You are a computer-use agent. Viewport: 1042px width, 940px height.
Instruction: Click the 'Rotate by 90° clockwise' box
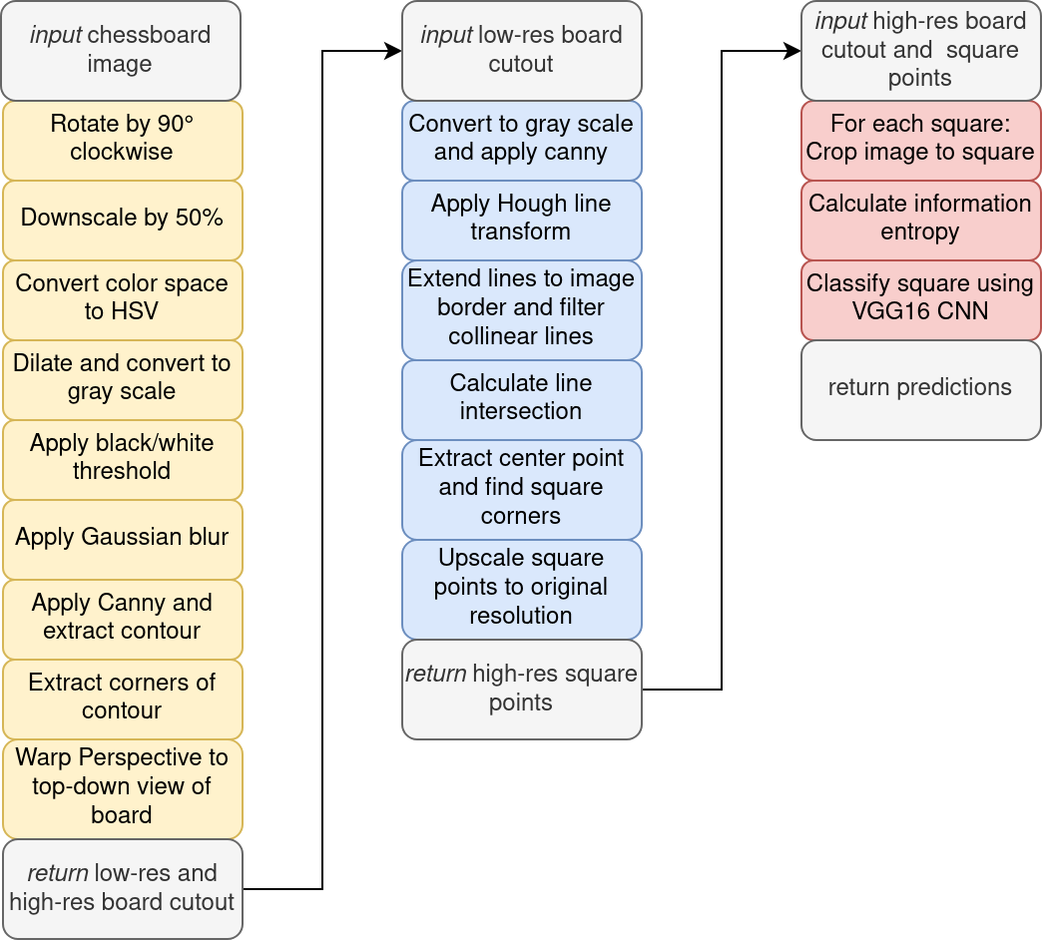[x=122, y=140]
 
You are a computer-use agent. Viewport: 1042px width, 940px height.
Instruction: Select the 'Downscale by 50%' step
[x=122, y=220]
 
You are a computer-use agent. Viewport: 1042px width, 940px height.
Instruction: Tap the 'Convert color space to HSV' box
[x=122, y=298]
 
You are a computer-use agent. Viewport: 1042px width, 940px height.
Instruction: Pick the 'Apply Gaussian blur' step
[x=122, y=538]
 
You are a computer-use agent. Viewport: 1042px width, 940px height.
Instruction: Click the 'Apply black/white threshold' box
[x=122, y=458]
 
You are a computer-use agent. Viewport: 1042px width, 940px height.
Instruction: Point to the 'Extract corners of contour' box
[x=122, y=698]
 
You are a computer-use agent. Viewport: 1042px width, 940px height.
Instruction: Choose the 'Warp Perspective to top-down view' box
[x=122, y=787]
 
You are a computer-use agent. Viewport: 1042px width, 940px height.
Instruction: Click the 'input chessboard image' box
[x=122, y=50]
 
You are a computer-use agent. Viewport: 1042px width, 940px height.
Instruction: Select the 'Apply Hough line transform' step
[x=521, y=219]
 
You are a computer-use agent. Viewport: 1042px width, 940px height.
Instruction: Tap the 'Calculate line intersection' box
[x=521, y=398]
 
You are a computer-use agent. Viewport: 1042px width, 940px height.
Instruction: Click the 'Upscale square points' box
[x=521, y=588]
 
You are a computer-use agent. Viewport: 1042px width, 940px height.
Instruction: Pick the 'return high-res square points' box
[x=521, y=689]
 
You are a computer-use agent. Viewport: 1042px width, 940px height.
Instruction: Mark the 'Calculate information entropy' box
[x=920, y=219]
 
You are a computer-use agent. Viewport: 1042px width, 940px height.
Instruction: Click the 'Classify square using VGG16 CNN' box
[x=920, y=298]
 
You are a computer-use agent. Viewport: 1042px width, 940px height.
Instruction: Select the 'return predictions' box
[x=920, y=388]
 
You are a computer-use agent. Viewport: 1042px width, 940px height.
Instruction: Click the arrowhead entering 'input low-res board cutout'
[x=395, y=51]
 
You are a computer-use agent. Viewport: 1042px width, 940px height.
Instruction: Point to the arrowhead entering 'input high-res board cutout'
[x=794, y=51]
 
